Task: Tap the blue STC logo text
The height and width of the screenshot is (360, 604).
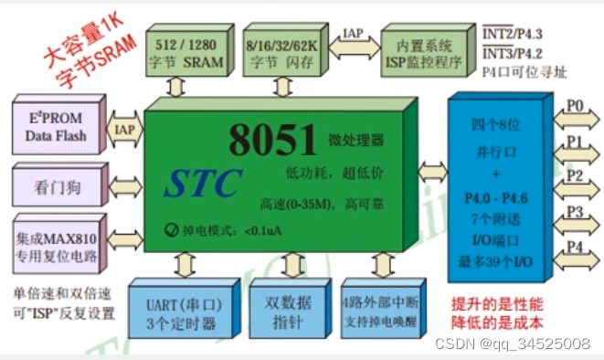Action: [x=203, y=182]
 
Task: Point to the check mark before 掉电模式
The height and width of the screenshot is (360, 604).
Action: [x=172, y=230]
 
